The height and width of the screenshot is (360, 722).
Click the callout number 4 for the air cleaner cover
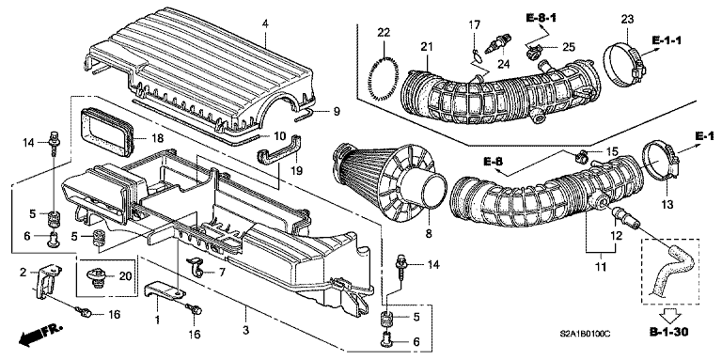[265, 22]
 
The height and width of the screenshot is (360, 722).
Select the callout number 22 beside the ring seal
[384, 33]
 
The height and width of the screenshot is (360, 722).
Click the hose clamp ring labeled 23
[620, 58]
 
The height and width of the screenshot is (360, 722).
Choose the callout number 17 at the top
[476, 23]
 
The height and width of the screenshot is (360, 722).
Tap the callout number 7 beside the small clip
[223, 272]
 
